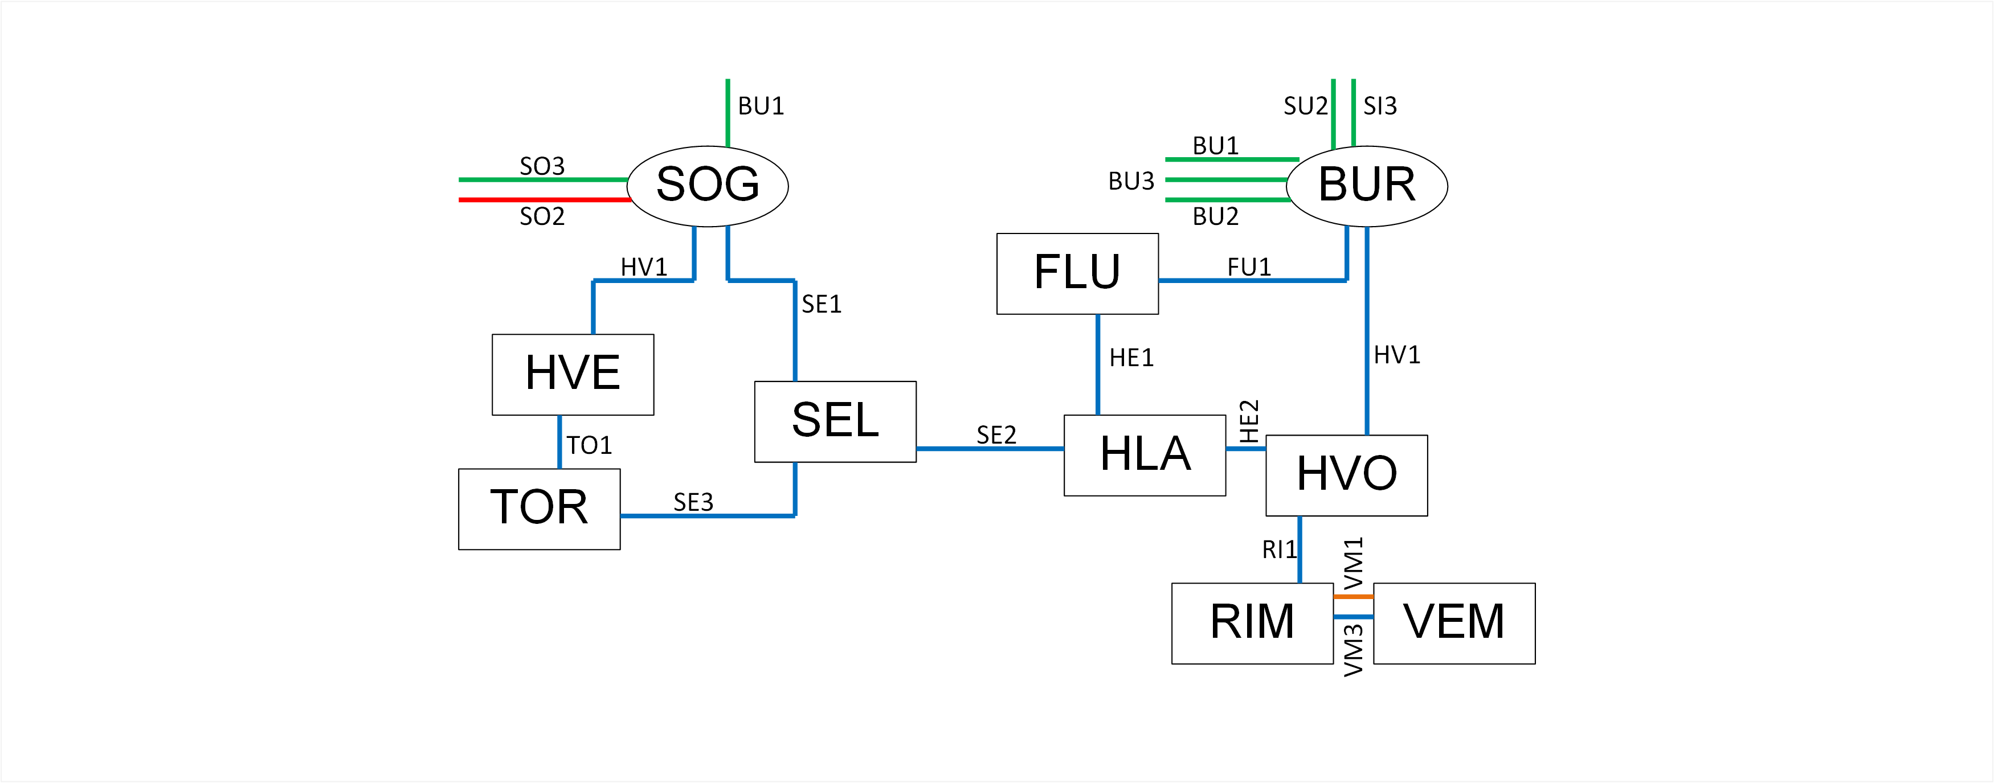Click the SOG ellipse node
[708, 186]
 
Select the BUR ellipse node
[1367, 186]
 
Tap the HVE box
[573, 375]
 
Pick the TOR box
[539, 509]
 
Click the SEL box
[835, 421]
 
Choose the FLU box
[1077, 273]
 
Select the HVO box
[1346, 475]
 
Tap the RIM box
[1252, 623]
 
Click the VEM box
[1454, 623]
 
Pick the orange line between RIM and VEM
[1353, 597]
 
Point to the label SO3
[542, 166]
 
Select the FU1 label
[1249, 267]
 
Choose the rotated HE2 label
[1249, 421]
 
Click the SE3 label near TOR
[693, 502]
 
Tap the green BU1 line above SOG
[728, 112]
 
